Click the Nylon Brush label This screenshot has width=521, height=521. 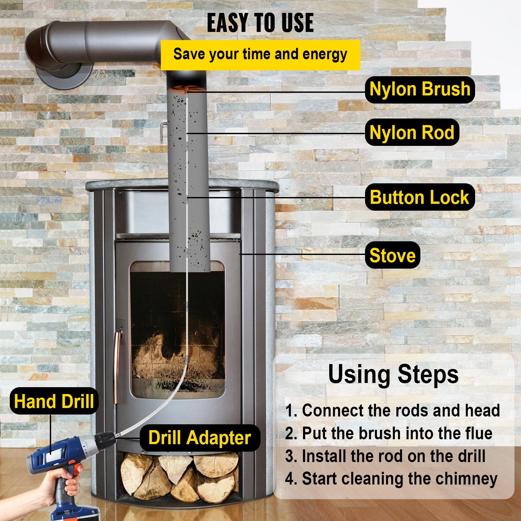[419, 90]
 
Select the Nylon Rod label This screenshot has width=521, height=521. [412, 133]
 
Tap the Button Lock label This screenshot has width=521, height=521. [419, 197]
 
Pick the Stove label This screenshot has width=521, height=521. [392, 255]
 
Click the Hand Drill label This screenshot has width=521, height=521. [54, 401]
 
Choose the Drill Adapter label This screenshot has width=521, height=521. [200, 438]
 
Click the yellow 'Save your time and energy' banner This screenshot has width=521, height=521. [260, 54]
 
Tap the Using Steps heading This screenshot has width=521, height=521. [393, 374]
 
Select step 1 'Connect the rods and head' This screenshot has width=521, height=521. [392, 410]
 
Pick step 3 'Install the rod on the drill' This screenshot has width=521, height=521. [385, 456]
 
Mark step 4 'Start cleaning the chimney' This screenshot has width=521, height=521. [391, 479]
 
